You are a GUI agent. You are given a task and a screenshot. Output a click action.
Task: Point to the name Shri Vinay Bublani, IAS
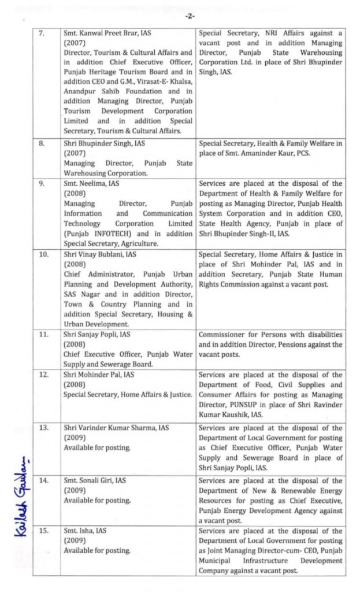point(99,254)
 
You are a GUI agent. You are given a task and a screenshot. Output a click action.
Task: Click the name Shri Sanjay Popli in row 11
point(89,334)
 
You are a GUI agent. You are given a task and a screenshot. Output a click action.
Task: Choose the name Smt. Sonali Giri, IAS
point(95,480)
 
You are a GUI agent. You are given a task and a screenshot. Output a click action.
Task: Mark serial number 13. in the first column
point(43,428)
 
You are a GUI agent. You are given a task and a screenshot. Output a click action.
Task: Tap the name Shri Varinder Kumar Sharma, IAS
point(116,428)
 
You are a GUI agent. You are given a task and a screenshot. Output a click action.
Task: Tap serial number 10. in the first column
point(43,254)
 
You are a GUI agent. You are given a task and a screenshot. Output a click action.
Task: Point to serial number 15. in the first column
point(43,530)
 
